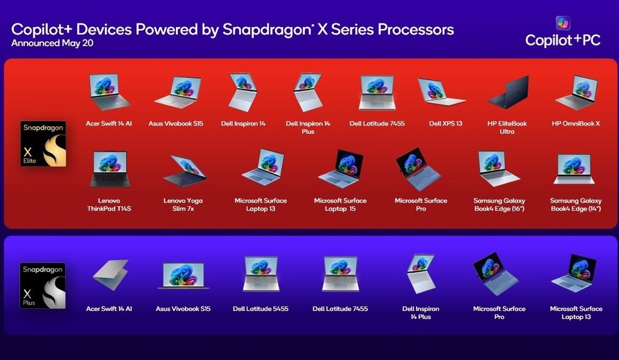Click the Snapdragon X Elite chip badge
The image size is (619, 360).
click(43, 144)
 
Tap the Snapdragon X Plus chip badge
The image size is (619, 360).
click(43, 286)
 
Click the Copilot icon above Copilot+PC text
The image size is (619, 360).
click(562, 23)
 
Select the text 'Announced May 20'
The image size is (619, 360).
click(52, 43)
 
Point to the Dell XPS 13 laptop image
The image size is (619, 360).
click(441, 91)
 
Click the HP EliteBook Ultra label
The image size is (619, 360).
click(507, 128)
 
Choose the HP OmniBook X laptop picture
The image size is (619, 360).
click(576, 92)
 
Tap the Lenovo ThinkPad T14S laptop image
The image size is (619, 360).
click(110, 169)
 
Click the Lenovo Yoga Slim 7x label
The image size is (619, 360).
click(183, 205)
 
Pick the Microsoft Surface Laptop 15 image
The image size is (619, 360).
click(340, 169)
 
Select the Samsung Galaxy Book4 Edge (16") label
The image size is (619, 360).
click(499, 205)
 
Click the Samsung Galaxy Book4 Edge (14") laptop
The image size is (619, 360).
click(574, 169)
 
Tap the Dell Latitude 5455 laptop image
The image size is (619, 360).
click(261, 274)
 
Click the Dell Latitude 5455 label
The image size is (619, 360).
click(260, 309)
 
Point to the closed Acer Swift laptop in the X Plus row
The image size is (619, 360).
click(111, 275)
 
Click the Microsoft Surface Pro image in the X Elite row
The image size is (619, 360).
click(418, 169)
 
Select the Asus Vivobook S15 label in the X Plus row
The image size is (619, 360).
click(183, 309)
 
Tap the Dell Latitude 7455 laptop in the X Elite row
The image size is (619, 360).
click(377, 93)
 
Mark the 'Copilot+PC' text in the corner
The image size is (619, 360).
click(563, 40)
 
